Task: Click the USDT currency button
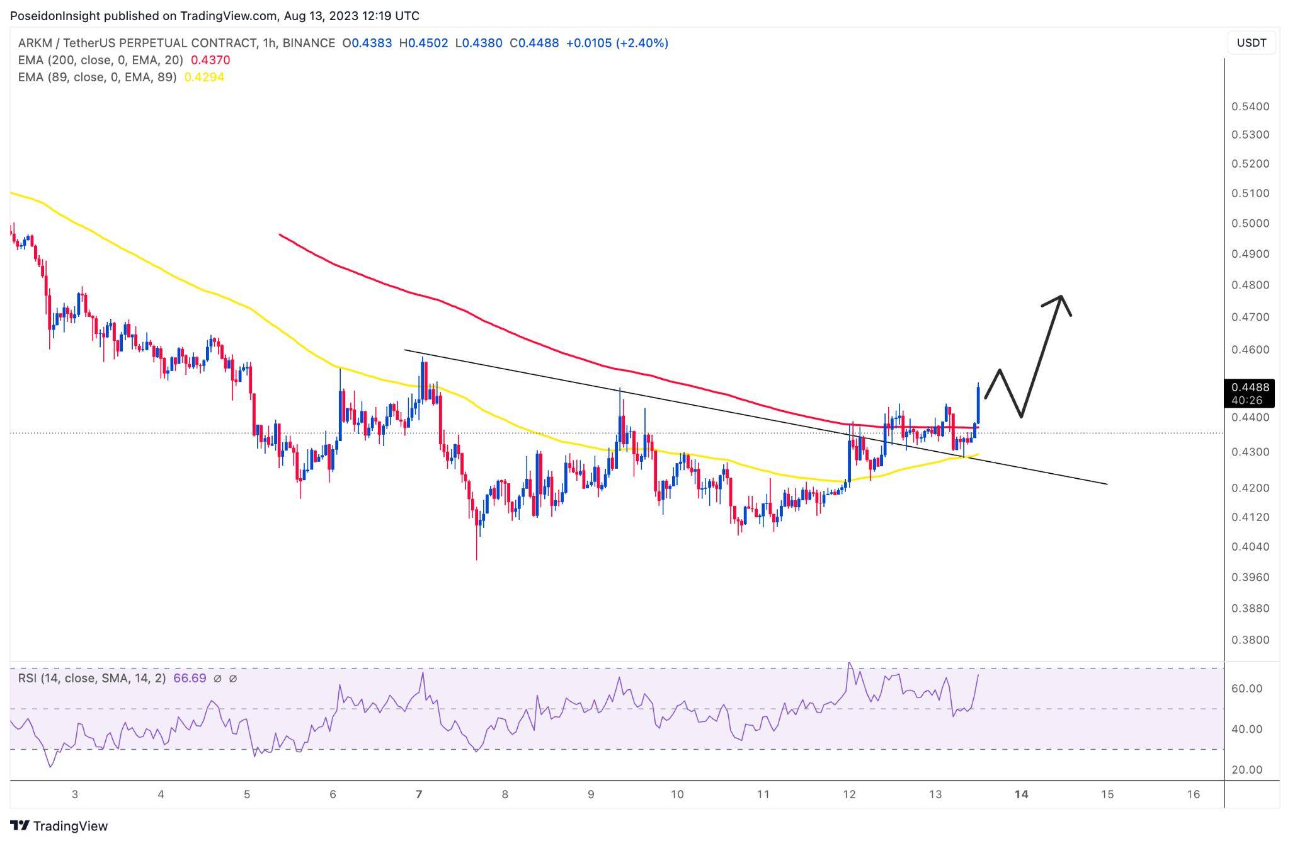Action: click(x=1251, y=43)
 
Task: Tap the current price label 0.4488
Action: click(x=1250, y=387)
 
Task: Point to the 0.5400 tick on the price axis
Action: click(x=1250, y=106)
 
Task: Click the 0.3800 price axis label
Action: click(x=1250, y=640)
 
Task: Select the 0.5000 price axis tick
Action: click(x=1250, y=224)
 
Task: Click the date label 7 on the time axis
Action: click(x=419, y=794)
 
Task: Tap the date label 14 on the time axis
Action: click(x=1021, y=794)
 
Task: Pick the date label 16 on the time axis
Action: click(x=1193, y=794)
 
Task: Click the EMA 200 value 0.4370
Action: click(x=210, y=60)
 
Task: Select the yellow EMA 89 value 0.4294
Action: click(x=203, y=77)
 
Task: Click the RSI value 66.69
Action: click(x=190, y=679)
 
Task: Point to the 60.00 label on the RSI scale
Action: click(x=1247, y=689)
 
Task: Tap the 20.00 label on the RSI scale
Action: click(x=1247, y=770)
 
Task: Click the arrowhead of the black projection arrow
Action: click(x=1061, y=298)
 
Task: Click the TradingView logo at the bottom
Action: click(x=59, y=826)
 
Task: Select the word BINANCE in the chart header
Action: click(x=309, y=43)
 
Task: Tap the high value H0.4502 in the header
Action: click(x=424, y=43)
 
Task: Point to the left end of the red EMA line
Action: click(x=280, y=235)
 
